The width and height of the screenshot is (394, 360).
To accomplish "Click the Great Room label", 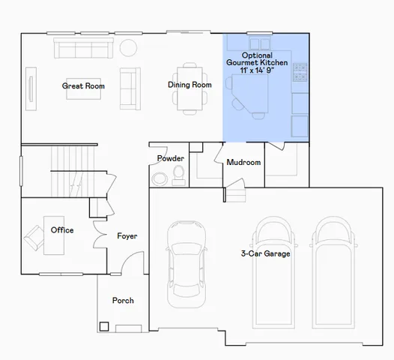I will (x=83, y=86).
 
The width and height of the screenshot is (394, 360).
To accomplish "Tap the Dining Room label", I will (x=190, y=85).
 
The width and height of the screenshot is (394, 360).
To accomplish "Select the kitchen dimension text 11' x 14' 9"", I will (x=257, y=71).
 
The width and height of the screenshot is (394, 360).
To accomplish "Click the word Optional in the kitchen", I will (x=257, y=55).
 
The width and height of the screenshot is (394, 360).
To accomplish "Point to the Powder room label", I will (x=170, y=158).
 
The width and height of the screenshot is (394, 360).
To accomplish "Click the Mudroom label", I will (x=243, y=162).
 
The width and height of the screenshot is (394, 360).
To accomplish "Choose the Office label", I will (x=62, y=229).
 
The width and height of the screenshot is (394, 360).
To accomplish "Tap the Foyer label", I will (x=127, y=236).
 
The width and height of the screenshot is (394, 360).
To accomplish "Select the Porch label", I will (x=123, y=300).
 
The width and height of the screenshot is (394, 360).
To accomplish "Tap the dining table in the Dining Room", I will (x=189, y=88).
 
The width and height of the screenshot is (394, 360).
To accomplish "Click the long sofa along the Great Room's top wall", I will (x=82, y=49).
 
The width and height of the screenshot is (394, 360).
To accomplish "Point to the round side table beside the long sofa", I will (x=128, y=47).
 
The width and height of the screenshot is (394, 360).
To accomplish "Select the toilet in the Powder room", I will (x=179, y=175).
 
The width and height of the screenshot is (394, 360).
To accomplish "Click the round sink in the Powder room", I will (x=160, y=178).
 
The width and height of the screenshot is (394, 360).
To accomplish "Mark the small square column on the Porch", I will (x=103, y=326).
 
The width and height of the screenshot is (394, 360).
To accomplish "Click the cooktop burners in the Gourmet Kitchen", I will (x=300, y=73).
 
